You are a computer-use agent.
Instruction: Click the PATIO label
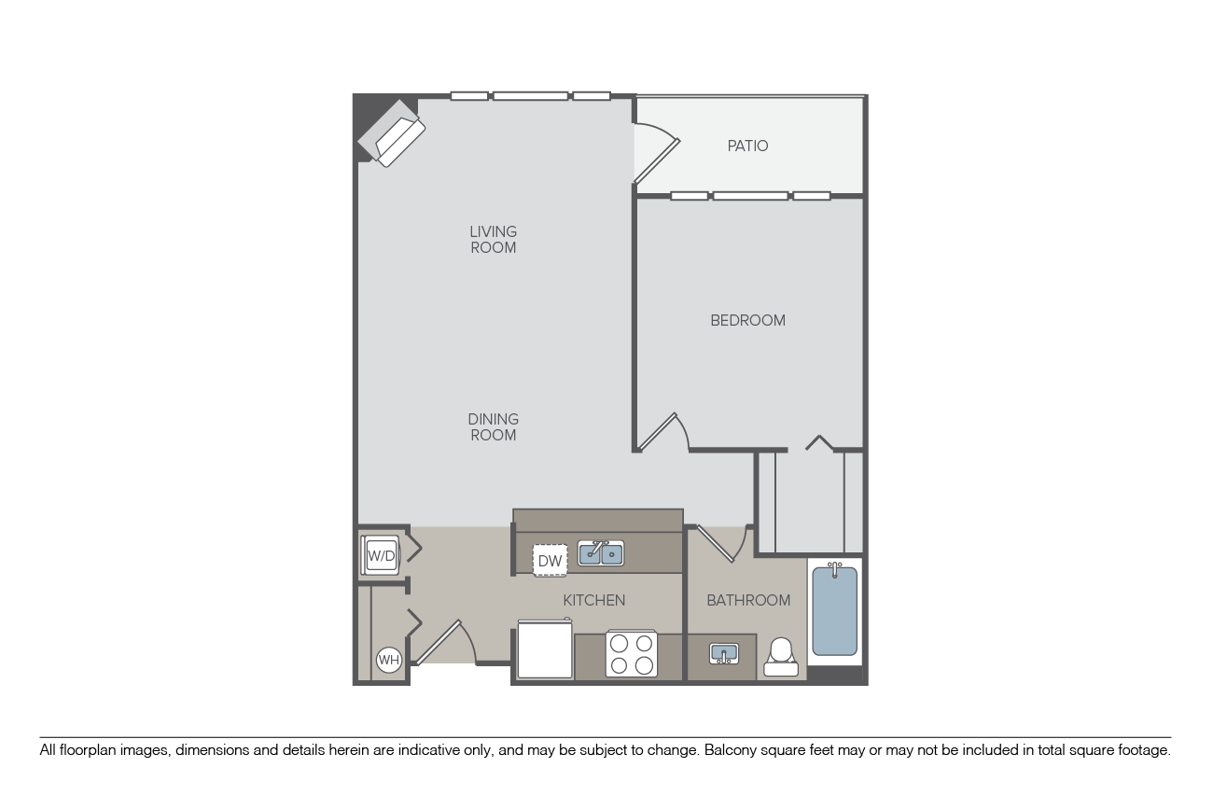[747, 146]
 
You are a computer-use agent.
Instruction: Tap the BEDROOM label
[747, 320]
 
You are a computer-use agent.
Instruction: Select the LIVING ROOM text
[493, 240]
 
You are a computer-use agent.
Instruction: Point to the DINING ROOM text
[493, 427]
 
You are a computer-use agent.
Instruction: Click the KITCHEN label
[593, 600]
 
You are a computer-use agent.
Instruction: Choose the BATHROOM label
[747, 600]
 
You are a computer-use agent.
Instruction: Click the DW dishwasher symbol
[550, 561]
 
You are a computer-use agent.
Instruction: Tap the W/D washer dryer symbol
[381, 556]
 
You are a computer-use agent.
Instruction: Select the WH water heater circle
[388, 661]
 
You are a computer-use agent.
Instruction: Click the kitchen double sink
[600, 554]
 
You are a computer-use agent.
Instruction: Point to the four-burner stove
[631, 653]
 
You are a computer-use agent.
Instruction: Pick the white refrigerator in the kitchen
[545, 649]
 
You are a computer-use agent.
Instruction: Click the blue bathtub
[834, 611]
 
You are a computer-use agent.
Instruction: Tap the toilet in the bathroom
[781, 657]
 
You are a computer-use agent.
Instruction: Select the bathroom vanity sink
[723, 653]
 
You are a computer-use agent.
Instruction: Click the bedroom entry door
[662, 433]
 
